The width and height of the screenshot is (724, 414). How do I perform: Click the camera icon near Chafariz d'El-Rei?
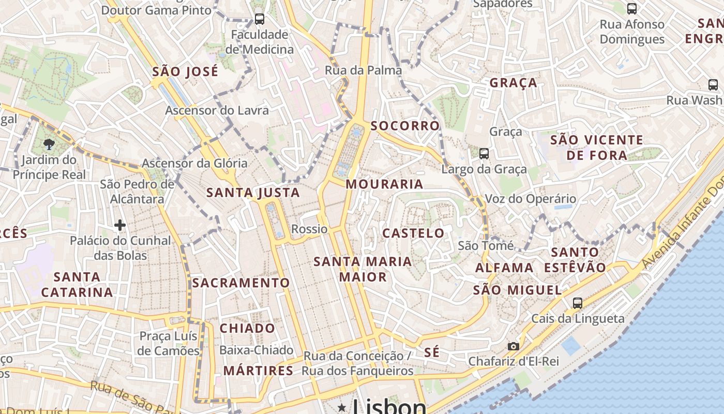pyautogui.click(x=513, y=346)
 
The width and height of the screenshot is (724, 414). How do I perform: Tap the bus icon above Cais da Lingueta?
pyautogui.click(x=578, y=303)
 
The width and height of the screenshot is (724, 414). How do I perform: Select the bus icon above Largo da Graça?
pyautogui.click(x=484, y=153)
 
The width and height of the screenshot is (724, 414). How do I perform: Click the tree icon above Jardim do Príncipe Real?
pyautogui.click(x=49, y=144)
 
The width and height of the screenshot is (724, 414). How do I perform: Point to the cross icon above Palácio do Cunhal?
pyautogui.click(x=120, y=225)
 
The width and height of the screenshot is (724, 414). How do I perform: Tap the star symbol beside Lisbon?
pyautogui.click(x=341, y=408)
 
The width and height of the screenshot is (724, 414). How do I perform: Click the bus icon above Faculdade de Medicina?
pyautogui.click(x=260, y=19)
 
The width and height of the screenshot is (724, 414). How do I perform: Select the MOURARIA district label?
pyautogui.click(x=384, y=184)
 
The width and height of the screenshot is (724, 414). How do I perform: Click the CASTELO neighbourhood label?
pyautogui.click(x=413, y=233)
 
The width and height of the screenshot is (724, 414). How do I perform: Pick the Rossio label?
pyautogui.click(x=309, y=229)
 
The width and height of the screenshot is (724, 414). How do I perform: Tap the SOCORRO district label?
pyautogui.click(x=405, y=126)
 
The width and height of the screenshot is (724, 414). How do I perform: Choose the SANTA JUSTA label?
pyautogui.click(x=253, y=193)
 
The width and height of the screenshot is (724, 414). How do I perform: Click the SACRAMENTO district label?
pyautogui.click(x=241, y=283)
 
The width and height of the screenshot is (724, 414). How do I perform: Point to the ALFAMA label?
pyautogui.click(x=504, y=268)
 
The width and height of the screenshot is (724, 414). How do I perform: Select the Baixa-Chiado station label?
pyautogui.click(x=257, y=350)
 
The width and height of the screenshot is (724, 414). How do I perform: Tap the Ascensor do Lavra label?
pyautogui.click(x=217, y=110)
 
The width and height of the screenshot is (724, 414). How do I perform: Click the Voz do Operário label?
pyautogui.click(x=530, y=199)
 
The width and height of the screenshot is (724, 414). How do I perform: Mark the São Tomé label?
pyautogui.click(x=486, y=245)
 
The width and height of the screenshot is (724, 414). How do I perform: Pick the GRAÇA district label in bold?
pyautogui.click(x=513, y=83)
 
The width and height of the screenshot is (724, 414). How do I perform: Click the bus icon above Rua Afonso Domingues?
pyautogui.click(x=632, y=8)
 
